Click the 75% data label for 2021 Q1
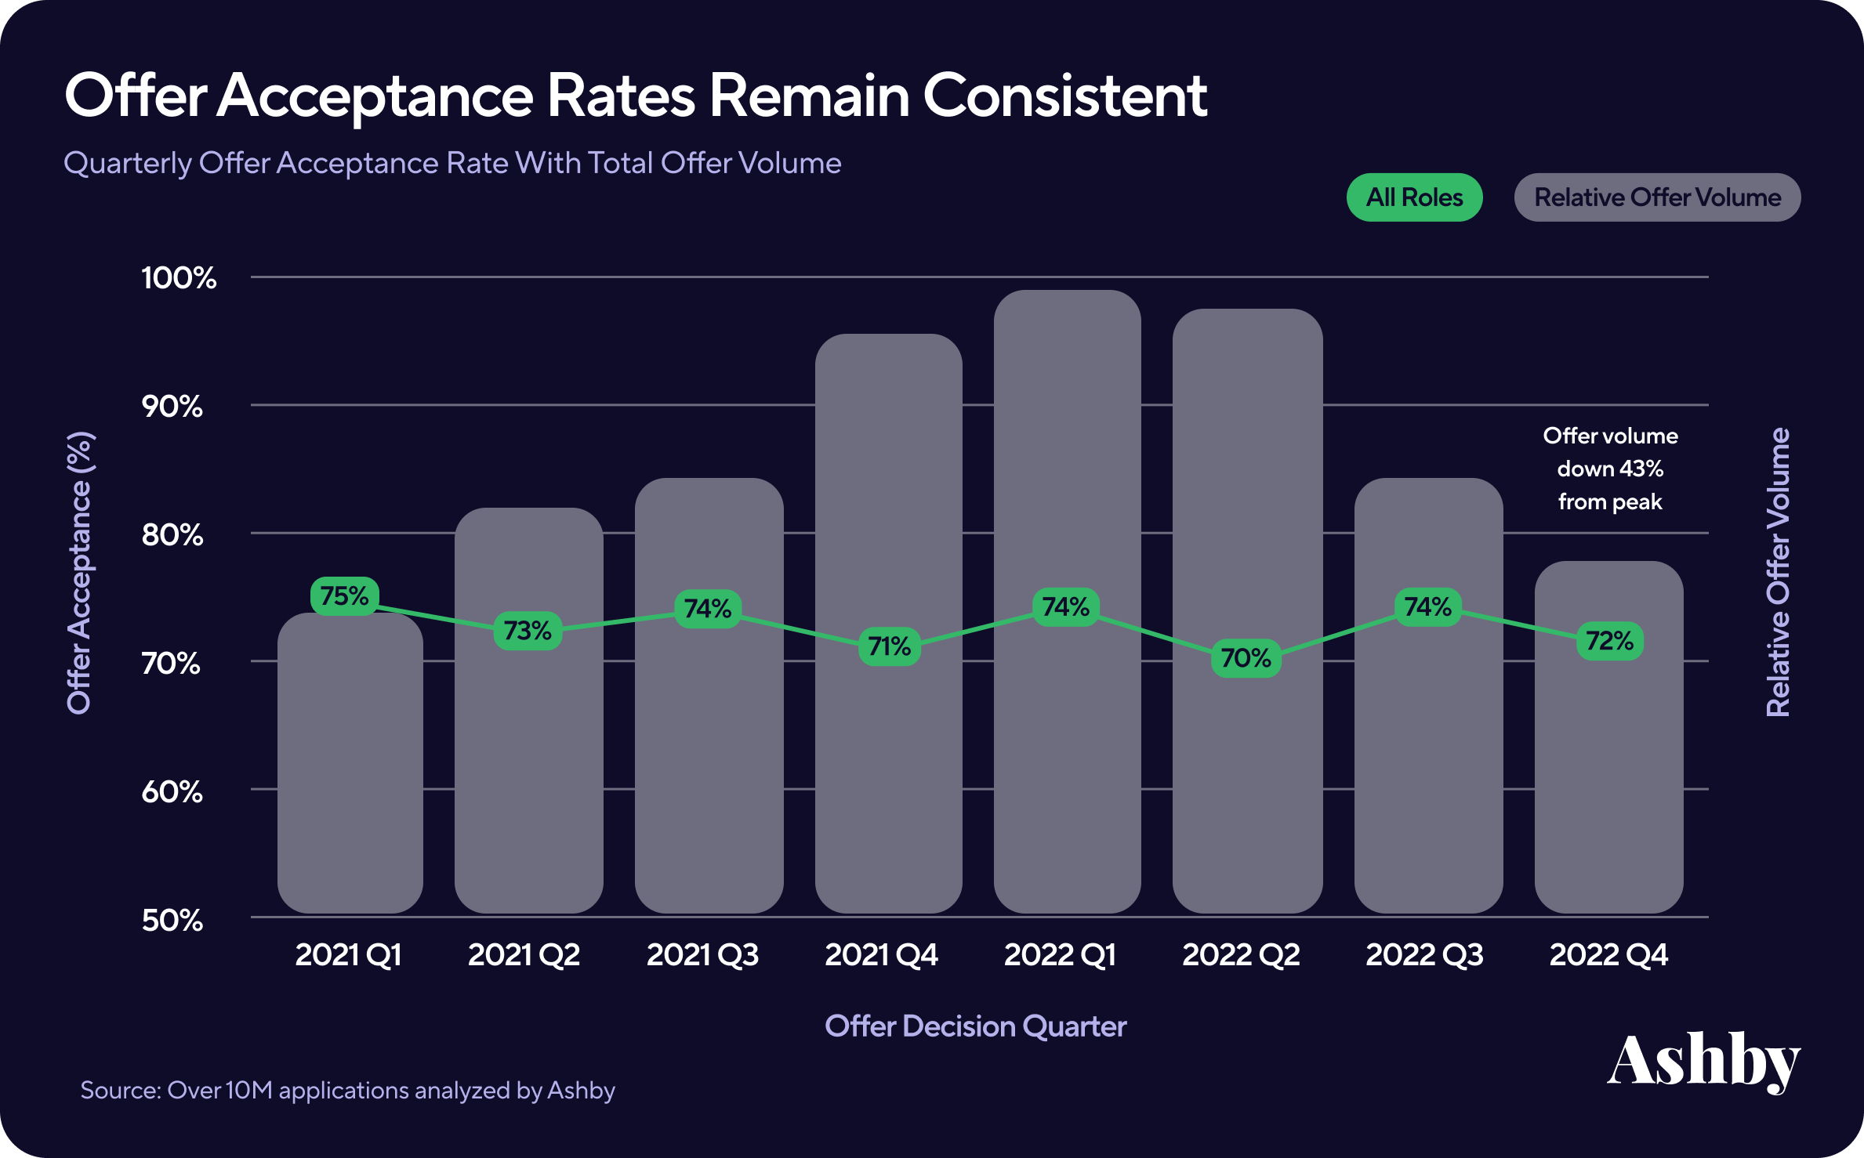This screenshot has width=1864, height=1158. click(345, 596)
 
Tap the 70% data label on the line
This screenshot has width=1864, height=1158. click(1246, 658)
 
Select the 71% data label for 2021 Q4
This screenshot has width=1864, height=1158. click(890, 646)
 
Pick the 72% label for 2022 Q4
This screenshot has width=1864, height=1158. click(1609, 642)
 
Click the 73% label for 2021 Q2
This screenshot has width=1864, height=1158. click(528, 631)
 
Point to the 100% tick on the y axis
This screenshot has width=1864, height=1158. click(179, 278)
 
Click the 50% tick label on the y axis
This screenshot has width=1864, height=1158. click(172, 921)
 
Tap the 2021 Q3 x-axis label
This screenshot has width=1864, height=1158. click(702, 955)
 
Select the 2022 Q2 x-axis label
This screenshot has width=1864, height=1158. click(1241, 955)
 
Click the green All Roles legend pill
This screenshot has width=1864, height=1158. click(1414, 197)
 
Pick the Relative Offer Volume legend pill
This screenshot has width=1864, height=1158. click(1657, 197)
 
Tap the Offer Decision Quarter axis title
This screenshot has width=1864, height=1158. click(975, 1026)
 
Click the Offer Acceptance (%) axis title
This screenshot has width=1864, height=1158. click(79, 573)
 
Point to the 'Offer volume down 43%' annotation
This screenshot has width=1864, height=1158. click(1610, 469)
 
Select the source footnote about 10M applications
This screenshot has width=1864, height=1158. click(347, 1091)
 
